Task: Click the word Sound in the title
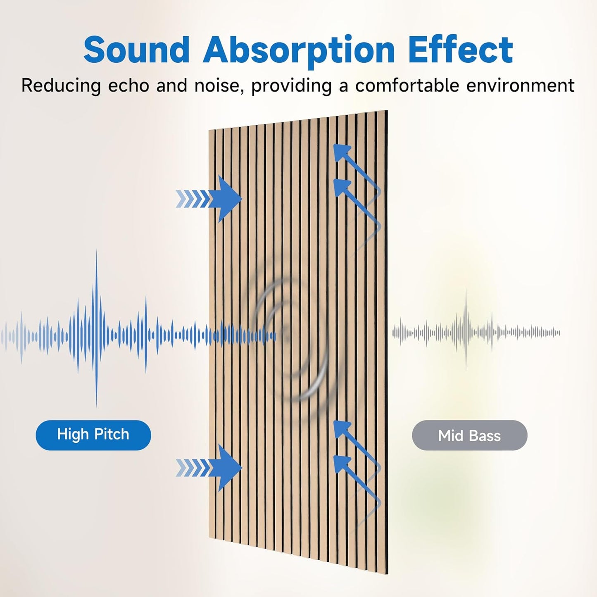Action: (136, 50)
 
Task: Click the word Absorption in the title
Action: (299, 50)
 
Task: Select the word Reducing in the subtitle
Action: (61, 86)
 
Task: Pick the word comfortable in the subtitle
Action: (407, 86)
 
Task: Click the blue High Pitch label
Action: (93, 435)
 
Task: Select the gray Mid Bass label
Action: (469, 435)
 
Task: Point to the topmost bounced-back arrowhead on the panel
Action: (341, 152)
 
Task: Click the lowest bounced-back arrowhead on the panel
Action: (341, 464)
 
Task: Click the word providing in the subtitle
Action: (291, 86)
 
